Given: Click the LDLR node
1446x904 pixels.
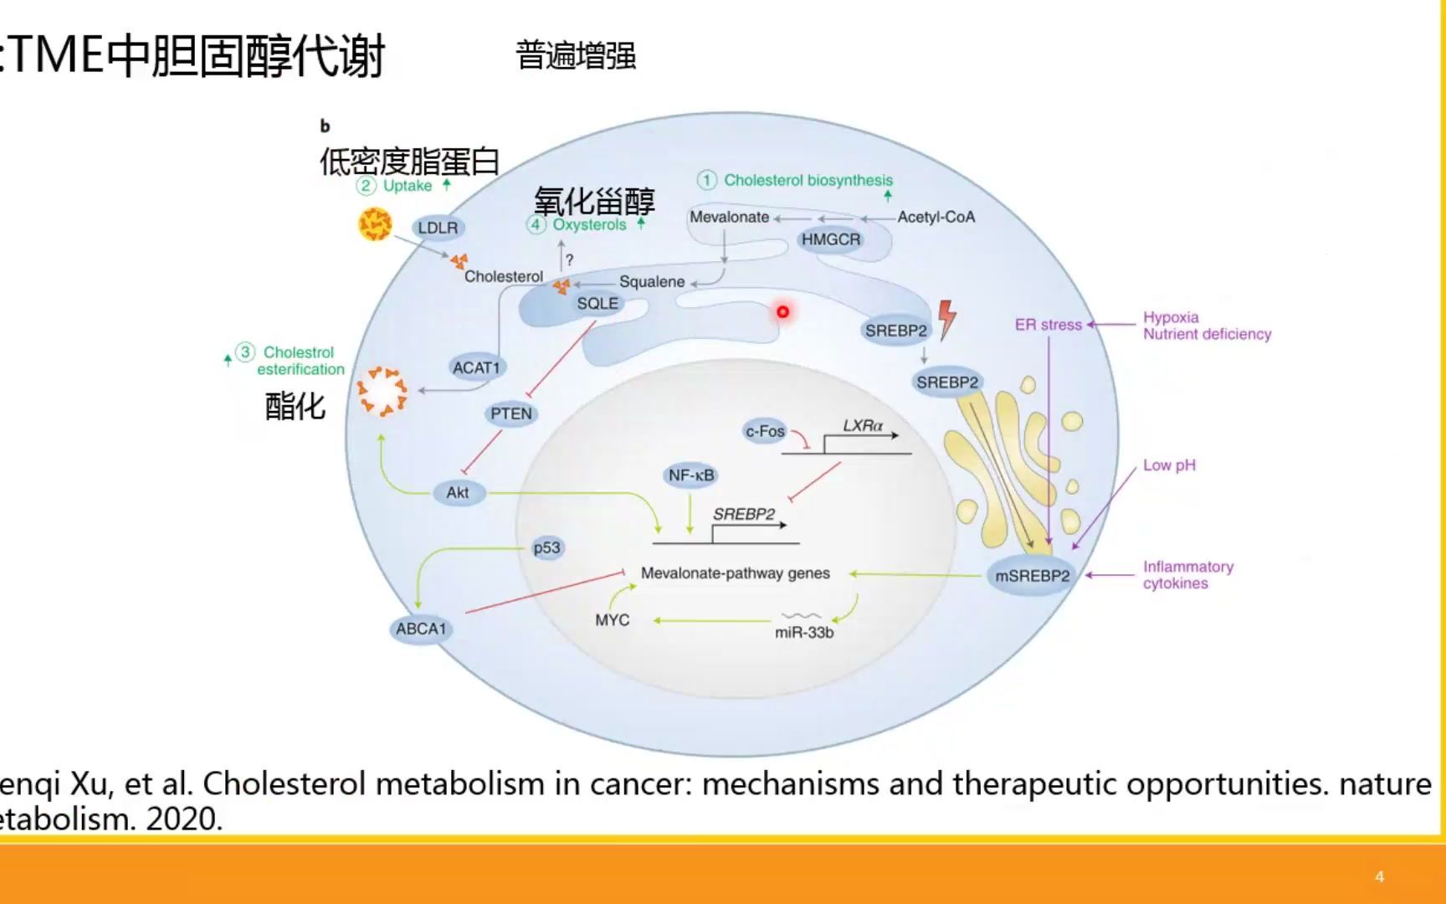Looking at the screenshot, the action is coord(438,228).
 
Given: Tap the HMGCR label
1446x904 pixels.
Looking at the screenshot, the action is coord(830,239).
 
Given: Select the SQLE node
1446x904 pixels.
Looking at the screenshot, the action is coord(597,304).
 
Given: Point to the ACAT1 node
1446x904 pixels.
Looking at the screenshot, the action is coord(475,367).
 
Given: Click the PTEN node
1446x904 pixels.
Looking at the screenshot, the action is coord(510,413).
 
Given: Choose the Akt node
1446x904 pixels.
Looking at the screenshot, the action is coord(458,492).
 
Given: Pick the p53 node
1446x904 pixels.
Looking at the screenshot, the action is coord(546,547).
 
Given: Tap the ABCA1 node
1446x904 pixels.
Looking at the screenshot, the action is coord(421,629).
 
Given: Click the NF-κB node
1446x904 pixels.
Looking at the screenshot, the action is coord(691,475).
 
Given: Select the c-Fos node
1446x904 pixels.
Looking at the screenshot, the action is coord(765,431).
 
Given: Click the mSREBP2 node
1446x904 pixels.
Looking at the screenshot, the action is coord(1032,576).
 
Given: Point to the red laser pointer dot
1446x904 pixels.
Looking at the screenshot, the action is coord(782,311).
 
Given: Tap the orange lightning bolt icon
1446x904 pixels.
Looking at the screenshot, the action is coord(946,320).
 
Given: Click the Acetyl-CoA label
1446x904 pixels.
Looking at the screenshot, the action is coord(936,217).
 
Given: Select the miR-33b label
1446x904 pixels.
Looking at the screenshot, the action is coord(803,632).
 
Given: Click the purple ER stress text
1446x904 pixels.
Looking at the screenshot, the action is coord(1048,325).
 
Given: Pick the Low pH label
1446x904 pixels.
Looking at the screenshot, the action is coord(1169,465).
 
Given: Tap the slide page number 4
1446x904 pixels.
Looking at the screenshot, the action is coord(1379,876).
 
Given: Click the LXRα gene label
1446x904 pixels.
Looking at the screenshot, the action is coord(862,425).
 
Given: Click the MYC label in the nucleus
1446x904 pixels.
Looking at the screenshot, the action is coord(612,620).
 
